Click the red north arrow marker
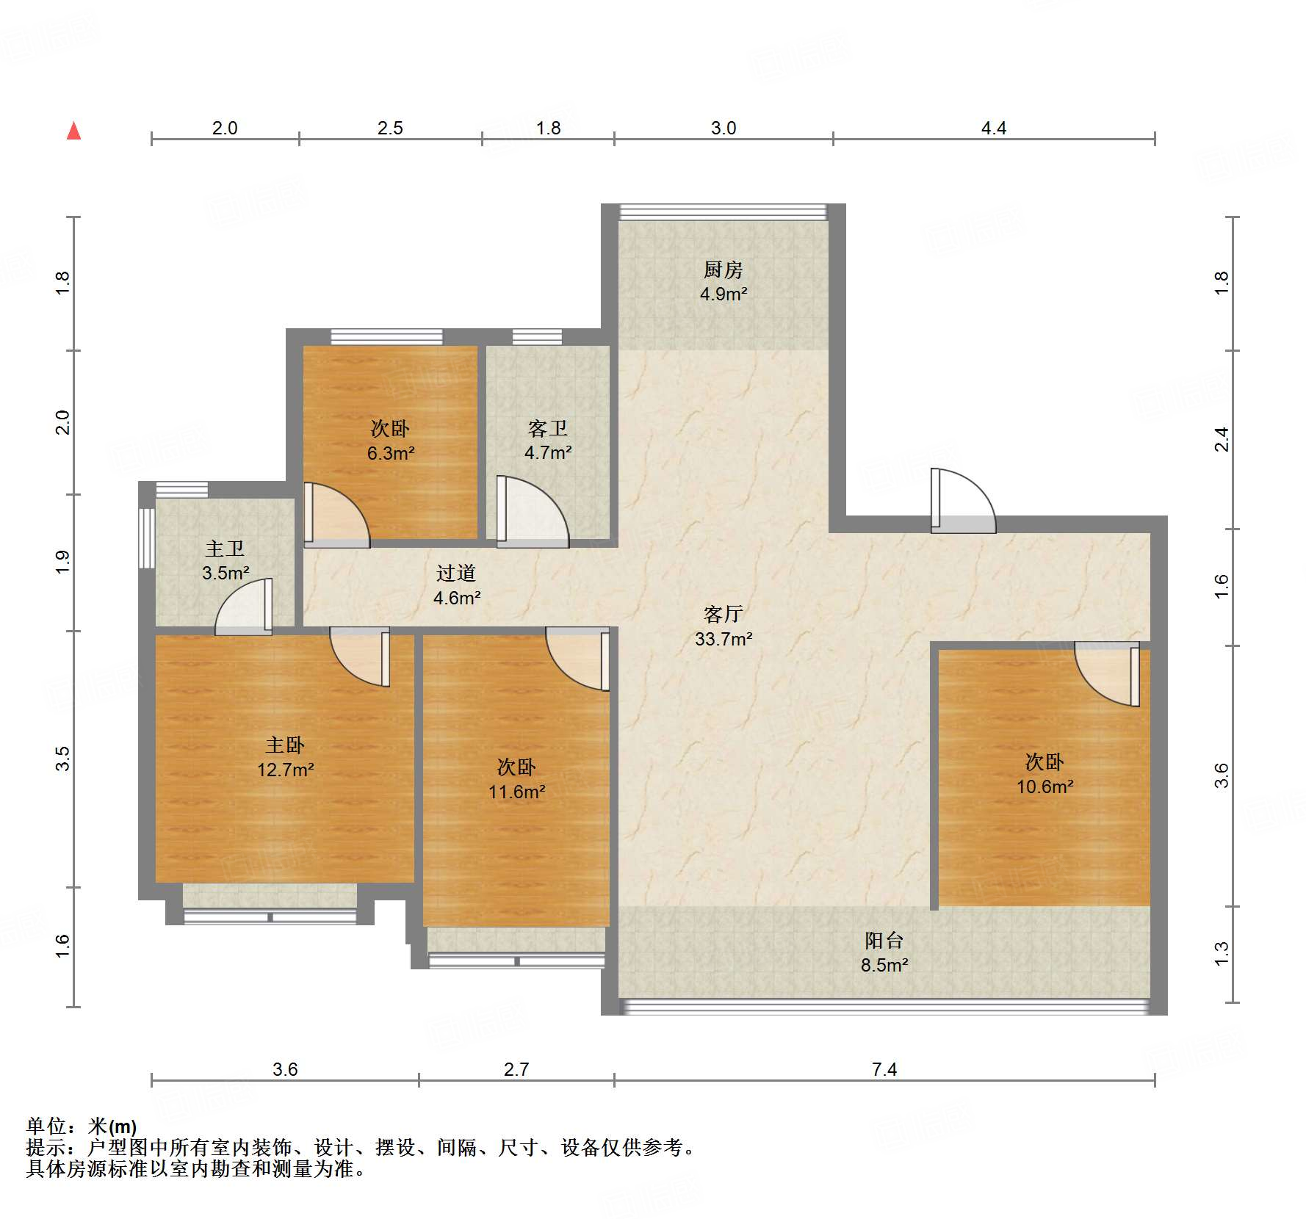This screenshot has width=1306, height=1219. [73, 131]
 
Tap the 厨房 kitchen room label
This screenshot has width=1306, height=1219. [724, 270]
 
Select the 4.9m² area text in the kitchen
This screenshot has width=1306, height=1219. [724, 294]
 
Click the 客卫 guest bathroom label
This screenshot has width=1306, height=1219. [548, 428]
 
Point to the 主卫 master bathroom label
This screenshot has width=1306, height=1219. [225, 549]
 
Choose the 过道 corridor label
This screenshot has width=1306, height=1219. [456, 573]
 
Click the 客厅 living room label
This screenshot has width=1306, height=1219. [724, 614]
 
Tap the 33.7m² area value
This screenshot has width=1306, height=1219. [724, 639]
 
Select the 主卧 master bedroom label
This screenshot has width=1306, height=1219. [285, 745]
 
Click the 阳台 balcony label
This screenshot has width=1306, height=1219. [884, 941]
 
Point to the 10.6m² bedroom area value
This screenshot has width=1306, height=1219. [1045, 787]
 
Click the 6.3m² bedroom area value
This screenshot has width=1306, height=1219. [391, 454]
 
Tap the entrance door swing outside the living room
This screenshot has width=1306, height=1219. [963, 500]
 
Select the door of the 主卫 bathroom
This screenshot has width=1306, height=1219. [243, 607]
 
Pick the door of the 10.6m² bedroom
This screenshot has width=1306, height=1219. [1107, 674]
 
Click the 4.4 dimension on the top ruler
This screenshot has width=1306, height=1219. [993, 129]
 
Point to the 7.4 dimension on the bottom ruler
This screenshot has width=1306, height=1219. [884, 1069]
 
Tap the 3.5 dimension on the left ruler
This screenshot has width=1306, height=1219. [63, 759]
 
